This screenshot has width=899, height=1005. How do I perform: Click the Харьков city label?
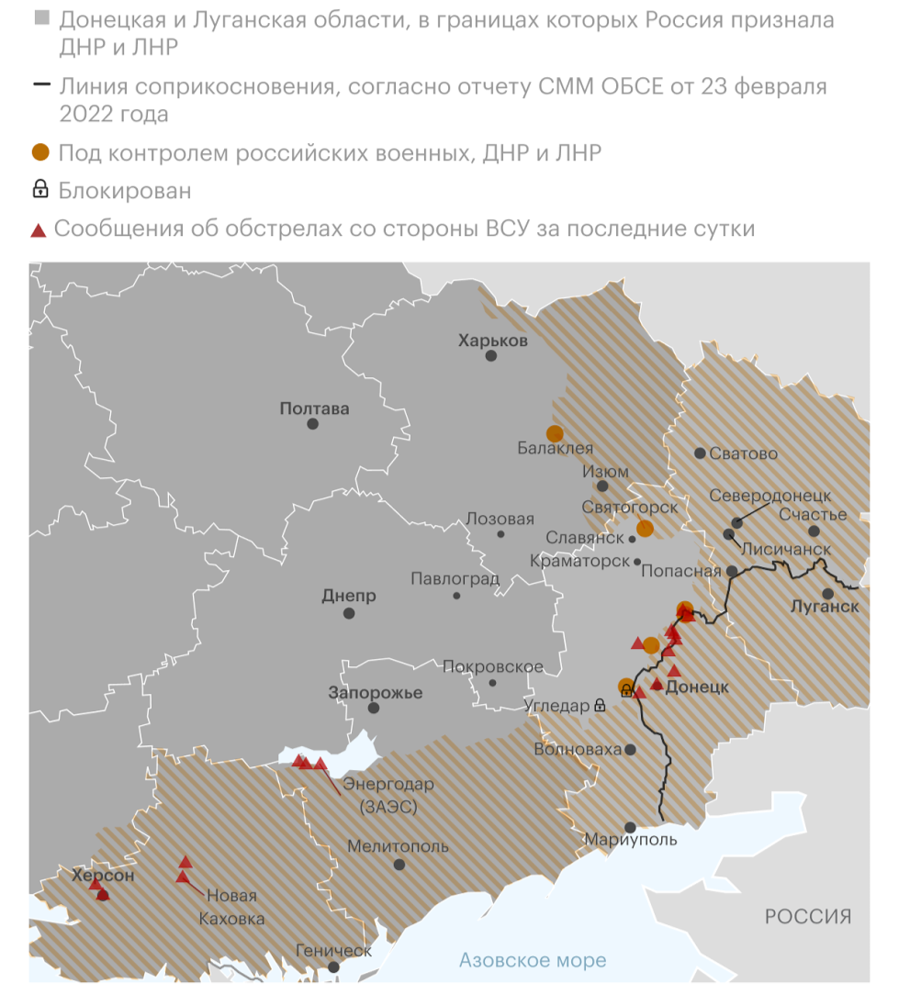493,341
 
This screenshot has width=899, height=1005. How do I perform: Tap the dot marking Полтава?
313,424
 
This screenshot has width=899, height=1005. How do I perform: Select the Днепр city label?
349,595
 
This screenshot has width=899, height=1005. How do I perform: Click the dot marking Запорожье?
374,708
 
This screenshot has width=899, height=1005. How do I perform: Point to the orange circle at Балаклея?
555,433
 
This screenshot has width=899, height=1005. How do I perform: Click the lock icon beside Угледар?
600,706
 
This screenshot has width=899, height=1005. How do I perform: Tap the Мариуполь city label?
631,840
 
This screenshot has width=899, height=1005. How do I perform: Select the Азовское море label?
533,960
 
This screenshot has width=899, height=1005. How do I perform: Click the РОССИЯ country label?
808,916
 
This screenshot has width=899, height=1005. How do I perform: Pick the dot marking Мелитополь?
399,865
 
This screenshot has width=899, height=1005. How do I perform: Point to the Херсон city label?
103,877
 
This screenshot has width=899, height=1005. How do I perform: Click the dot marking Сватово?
701,453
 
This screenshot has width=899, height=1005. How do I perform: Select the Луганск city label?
825,607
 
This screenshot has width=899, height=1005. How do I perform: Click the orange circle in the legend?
40,152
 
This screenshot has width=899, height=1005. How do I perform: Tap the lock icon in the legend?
40,190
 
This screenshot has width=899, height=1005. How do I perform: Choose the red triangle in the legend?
39,229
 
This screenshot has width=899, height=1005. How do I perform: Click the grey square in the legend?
40,18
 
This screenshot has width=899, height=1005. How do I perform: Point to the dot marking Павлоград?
456,596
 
